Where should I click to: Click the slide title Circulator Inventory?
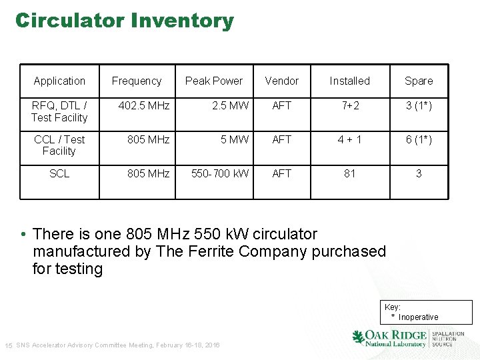pyautogui.click(x=125, y=21)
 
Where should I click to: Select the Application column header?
pyautogui.click(x=59, y=81)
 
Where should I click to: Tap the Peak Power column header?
pyautogui.click(x=214, y=81)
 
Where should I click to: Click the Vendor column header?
pyautogui.click(x=281, y=81)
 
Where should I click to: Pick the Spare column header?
pyautogui.click(x=419, y=81)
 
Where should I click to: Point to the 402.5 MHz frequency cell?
pyautogui.click(x=144, y=105)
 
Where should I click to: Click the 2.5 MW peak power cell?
pyautogui.click(x=230, y=105)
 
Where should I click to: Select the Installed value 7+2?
pyautogui.click(x=349, y=105)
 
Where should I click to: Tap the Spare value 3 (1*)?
pyautogui.click(x=419, y=105)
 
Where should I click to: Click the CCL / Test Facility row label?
pyautogui.click(x=59, y=145)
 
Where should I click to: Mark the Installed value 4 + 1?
pyautogui.click(x=349, y=139)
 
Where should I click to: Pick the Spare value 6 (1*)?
pyautogui.click(x=419, y=139)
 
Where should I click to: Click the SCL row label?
pyautogui.click(x=59, y=173)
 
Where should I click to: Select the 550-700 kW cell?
pyautogui.click(x=220, y=173)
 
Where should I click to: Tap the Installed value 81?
pyautogui.click(x=349, y=173)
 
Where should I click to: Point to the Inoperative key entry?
pyautogui.click(x=418, y=317)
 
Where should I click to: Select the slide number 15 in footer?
pyautogui.click(x=9, y=345)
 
